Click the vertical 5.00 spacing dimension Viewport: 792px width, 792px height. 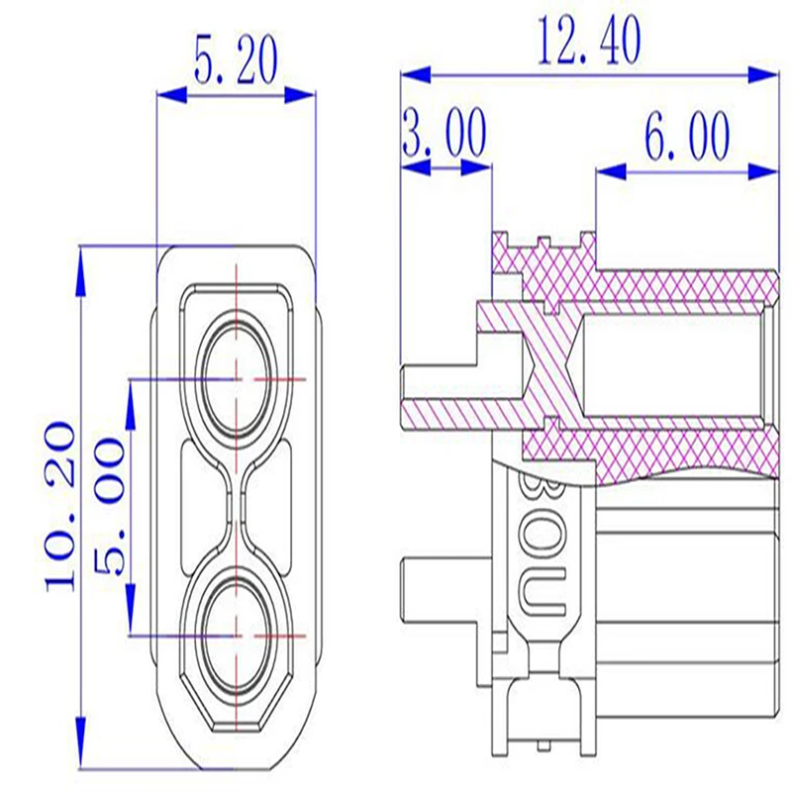point(109,507)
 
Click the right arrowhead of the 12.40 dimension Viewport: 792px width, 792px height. point(762,74)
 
